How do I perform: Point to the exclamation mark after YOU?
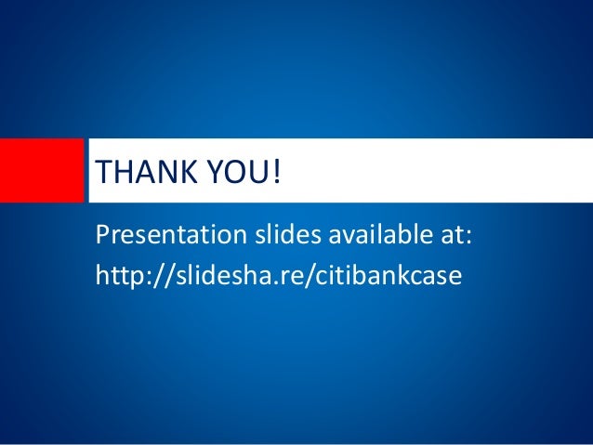275,172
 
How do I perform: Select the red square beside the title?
41,170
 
